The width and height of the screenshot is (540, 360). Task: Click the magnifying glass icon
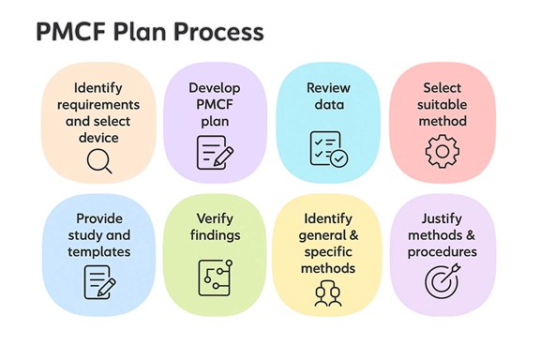(97, 162)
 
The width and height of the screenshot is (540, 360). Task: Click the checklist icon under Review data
(328, 150)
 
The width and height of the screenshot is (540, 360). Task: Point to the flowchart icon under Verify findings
(214, 275)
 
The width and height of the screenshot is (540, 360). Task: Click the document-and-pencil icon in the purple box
(214, 152)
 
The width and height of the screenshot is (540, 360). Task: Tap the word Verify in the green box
(215, 218)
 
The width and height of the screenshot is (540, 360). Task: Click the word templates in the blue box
(99, 251)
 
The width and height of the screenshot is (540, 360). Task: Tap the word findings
(215, 235)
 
